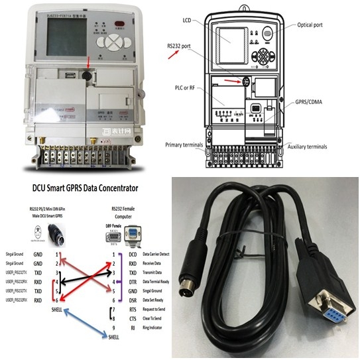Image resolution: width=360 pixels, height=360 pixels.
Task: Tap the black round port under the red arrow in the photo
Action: (86, 78)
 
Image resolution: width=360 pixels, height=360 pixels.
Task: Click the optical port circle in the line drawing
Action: (269, 31)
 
